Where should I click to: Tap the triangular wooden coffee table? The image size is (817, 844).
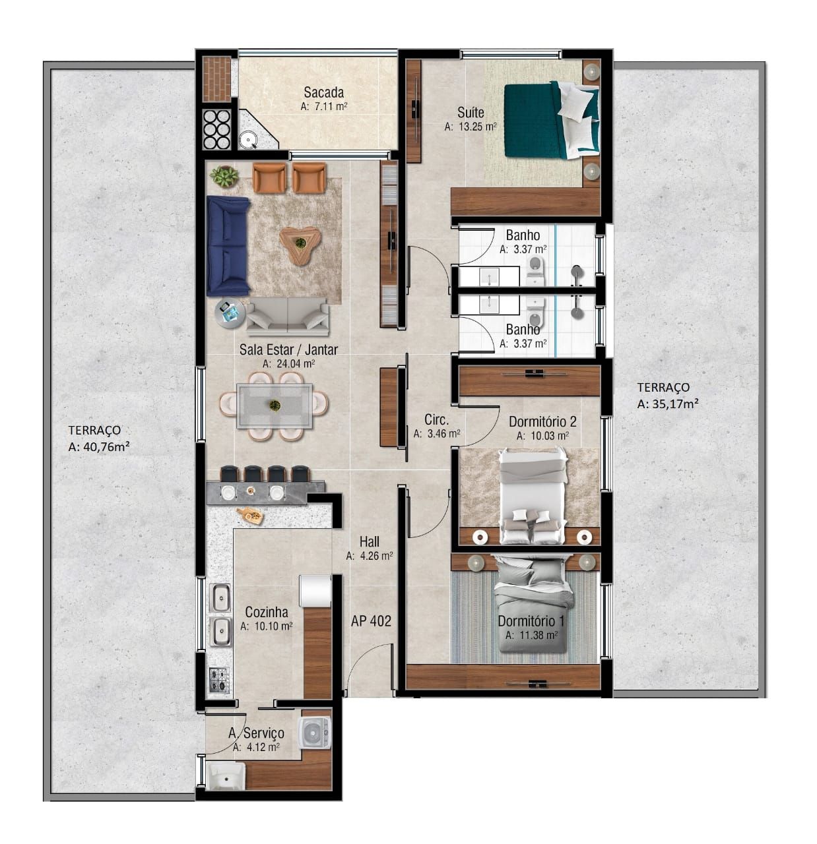coord(300,245)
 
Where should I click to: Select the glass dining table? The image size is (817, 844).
coord(275,405)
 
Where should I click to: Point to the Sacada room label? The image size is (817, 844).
coord(323,92)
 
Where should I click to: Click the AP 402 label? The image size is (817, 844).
coord(371,620)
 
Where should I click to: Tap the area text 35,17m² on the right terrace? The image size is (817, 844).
coord(668,404)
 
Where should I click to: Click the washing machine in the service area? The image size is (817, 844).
coord(315,733)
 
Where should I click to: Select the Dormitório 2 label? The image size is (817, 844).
coord(542,421)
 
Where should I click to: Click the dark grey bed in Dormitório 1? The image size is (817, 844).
coord(533,603)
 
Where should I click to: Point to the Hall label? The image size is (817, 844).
coord(370,541)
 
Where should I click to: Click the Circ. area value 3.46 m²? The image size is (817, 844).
coord(436,434)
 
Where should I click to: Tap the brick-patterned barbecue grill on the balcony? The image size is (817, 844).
coord(216,79)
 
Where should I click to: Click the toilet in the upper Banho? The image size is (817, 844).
coord(536,266)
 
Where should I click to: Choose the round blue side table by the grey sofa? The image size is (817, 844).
coord(230,313)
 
